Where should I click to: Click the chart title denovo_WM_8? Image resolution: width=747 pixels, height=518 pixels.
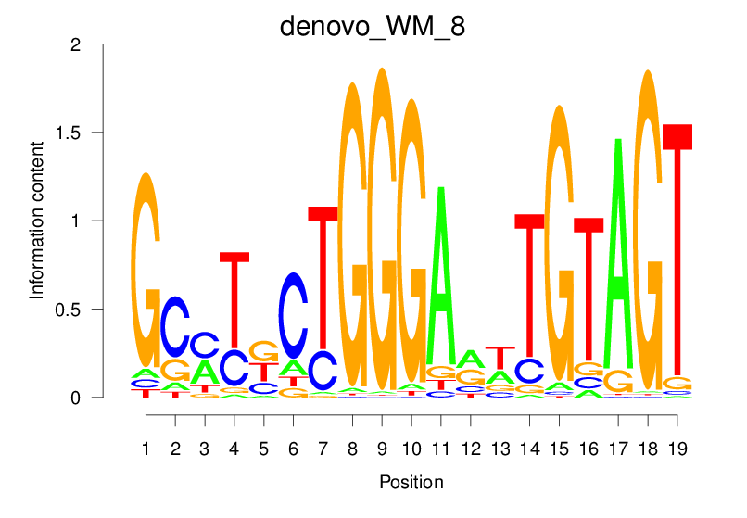pyautogui.click(x=373, y=27)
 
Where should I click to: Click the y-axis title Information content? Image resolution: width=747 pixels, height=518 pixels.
pyautogui.click(x=37, y=221)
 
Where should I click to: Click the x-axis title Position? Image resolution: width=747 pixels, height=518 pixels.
pyautogui.click(x=411, y=482)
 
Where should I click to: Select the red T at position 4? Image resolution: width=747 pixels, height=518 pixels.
pyautogui.click(x=234, y=297)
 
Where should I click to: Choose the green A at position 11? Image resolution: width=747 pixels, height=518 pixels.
pyautogui.click(x=441, y=278)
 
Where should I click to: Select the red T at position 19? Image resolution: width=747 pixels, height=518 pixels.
pyautogui.click(x=677, y=250)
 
